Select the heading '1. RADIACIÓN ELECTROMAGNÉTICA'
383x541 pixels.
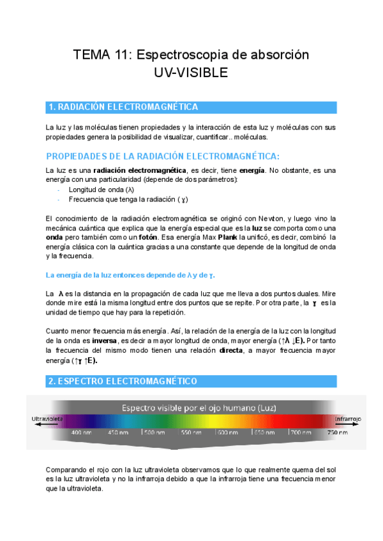[123, 107]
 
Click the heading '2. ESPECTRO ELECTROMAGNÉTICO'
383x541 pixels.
[123, 381]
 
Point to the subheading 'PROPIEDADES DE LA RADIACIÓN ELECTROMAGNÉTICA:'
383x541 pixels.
[163, 156]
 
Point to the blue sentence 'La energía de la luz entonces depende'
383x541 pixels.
[130, 275]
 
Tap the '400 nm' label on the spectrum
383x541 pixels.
[81, 433]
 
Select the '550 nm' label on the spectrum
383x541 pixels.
[190, 433]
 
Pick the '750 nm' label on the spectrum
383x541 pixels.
[336, 433]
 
